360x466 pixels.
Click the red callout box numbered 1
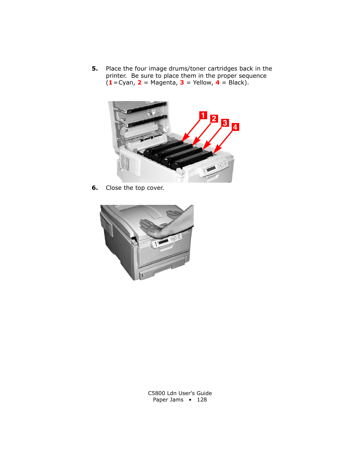[203, 115]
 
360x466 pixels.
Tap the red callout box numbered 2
[214, 118]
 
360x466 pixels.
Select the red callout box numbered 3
[225, 123]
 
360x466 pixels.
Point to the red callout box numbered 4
[235, 127]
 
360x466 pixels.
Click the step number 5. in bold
[95, 69]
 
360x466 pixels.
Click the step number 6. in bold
[95, 188]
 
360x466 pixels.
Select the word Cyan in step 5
[127, 83]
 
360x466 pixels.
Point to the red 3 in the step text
[182, 83]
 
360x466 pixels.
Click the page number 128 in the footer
[202, 400]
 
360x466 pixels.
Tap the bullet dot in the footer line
[190, 400]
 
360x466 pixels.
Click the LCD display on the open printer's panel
[211, 168]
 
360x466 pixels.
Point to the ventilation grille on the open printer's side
[125, 162]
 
